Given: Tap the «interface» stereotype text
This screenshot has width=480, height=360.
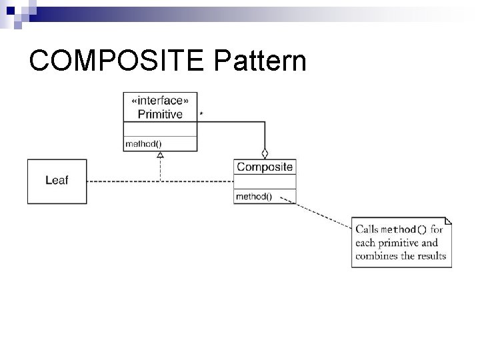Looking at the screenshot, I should (x=160, y=101).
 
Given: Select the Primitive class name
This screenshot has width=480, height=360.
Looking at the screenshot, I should (x=160, y=114).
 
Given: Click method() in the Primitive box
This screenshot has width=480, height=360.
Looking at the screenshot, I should (x=143, y=143).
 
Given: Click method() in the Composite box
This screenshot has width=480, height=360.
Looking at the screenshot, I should (x=253, y=196).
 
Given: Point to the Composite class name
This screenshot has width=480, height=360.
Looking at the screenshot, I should (x=265, y=167).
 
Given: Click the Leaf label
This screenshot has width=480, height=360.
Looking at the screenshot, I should (x=57, y=180).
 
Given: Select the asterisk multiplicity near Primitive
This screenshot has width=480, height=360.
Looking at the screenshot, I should (x=202, y=114).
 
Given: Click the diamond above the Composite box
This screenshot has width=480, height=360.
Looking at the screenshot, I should (x=265, y=152).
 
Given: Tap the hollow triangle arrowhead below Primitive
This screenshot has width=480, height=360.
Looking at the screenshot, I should (x=160, y=155).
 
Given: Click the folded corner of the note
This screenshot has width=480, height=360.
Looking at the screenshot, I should (x=447, y=221).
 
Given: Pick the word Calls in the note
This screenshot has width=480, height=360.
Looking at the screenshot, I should (x=367, y=230).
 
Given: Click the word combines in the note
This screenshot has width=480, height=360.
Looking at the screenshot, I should (x=376, y=256).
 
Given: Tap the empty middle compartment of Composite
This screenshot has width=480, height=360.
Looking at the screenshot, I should (x=265, y=181).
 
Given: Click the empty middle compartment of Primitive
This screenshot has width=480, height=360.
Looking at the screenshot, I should (x=160, y=129).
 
